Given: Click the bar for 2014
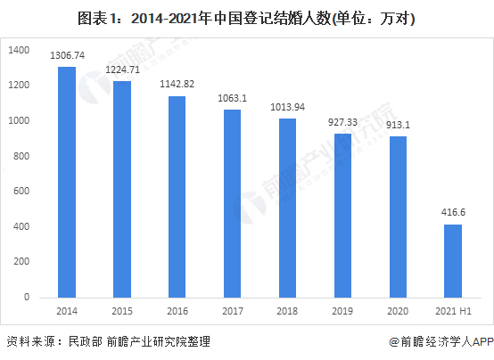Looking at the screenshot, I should (x=66, y=182).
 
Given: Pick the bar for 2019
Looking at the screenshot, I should (x=342, y=215).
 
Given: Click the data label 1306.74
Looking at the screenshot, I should (x=66, y=55).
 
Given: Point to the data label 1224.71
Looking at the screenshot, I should (x=121, y=70).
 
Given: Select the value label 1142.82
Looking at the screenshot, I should (x=177, y=84).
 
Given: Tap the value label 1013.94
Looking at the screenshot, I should (x=287, y=107).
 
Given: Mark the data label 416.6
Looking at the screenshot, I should (x=453, y=213).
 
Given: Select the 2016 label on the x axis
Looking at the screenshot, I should (x=177, y=311).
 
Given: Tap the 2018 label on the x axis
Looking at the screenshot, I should (x=287, y=311).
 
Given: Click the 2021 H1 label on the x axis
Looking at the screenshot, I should (x=453, y=311).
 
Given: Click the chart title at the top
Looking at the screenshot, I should (x=247, y=18).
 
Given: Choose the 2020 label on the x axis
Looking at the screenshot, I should (x=398, y=311).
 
